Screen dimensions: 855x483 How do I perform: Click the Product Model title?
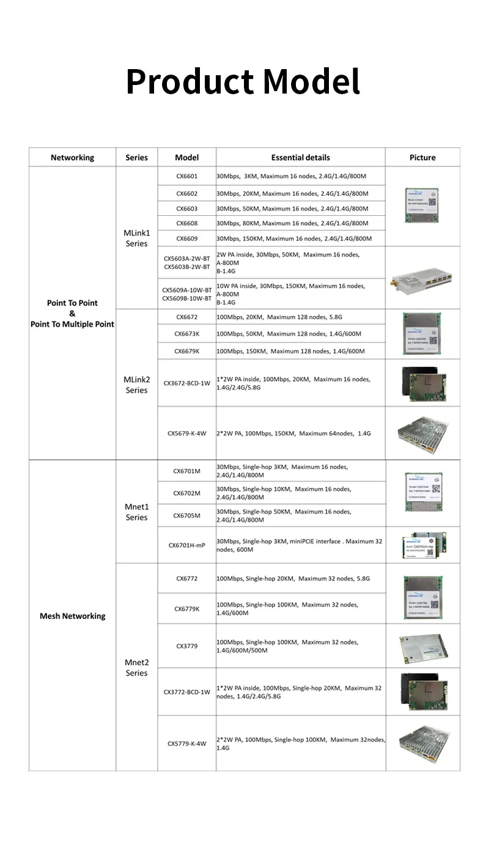point(243,81)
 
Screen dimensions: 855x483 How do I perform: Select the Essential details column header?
point(300,157)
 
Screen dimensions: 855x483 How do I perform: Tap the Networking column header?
point(72,157)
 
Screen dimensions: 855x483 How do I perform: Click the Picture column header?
point(422,157)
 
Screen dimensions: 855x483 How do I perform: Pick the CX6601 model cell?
point(186,176)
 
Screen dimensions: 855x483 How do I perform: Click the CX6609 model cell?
point(186,239)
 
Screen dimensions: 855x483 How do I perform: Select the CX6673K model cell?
point(186,334)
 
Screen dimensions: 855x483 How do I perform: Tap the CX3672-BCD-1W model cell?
point(186,383)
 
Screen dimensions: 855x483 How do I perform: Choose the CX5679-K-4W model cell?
point(186,433)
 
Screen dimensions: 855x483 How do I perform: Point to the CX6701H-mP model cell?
point(186,545)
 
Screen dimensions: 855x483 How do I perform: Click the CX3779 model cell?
point(186,646)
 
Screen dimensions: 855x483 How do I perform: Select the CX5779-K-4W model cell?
point(186,744)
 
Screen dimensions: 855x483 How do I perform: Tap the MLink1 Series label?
point(136,238)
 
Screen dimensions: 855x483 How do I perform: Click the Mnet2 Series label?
point(136,667)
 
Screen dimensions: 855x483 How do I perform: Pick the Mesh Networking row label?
point(72,616)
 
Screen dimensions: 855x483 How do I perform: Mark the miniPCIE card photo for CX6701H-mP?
point(422,544)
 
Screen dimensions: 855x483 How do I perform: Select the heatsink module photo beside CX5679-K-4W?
point(422,432)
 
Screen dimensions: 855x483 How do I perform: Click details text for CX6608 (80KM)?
point(292,224)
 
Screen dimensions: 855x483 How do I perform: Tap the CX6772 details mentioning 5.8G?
point(293,579)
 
